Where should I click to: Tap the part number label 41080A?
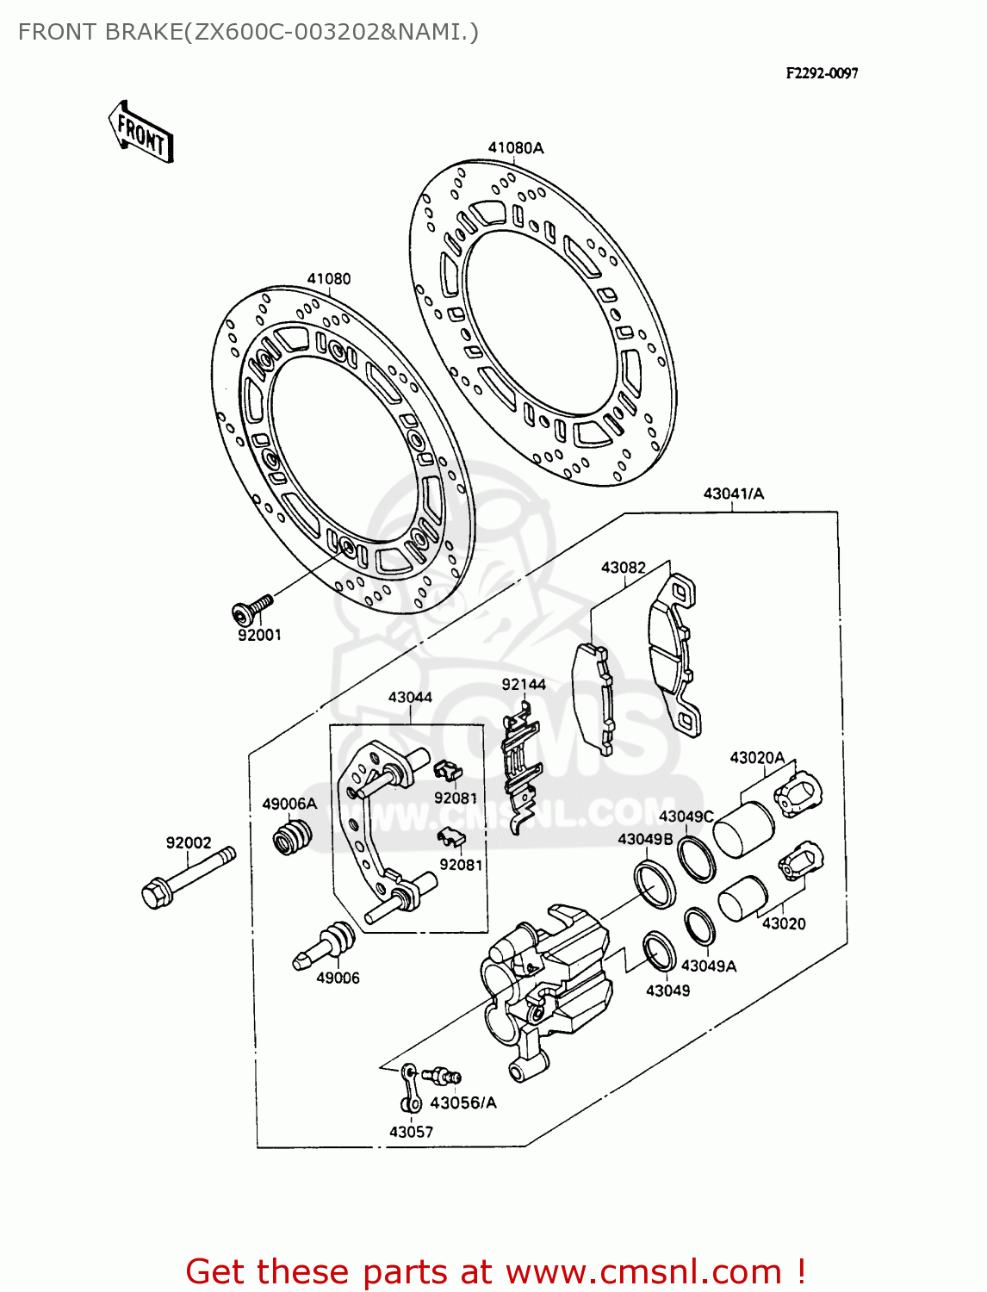coord(516,147)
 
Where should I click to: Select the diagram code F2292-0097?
coord(821,73)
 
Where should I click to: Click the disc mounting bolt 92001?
coord(251,608)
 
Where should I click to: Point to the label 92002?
coord(189,842)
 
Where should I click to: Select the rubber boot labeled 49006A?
coord(292,836)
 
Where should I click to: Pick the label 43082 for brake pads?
coord(623,567)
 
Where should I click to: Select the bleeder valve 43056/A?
coord(444,1075)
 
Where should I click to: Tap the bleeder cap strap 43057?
coord(410,1088)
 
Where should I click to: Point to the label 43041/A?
coord(733,494)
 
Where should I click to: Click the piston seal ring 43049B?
coord(655,883)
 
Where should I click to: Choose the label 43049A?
coord(708,966)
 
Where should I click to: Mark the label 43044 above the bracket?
coord(410,697)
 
